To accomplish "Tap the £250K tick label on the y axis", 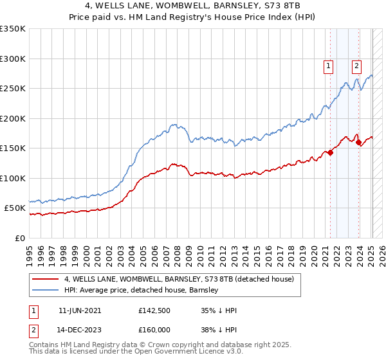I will point(13,89).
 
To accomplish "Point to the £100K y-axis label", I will point(13,178).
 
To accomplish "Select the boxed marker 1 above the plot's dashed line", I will point(329,65).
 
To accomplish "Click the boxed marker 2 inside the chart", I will point(356,65).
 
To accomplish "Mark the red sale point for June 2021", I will point(330,153).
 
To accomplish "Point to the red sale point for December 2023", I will point(358,142).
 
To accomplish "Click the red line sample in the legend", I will point(46,279).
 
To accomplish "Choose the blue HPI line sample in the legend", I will point(46,290).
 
